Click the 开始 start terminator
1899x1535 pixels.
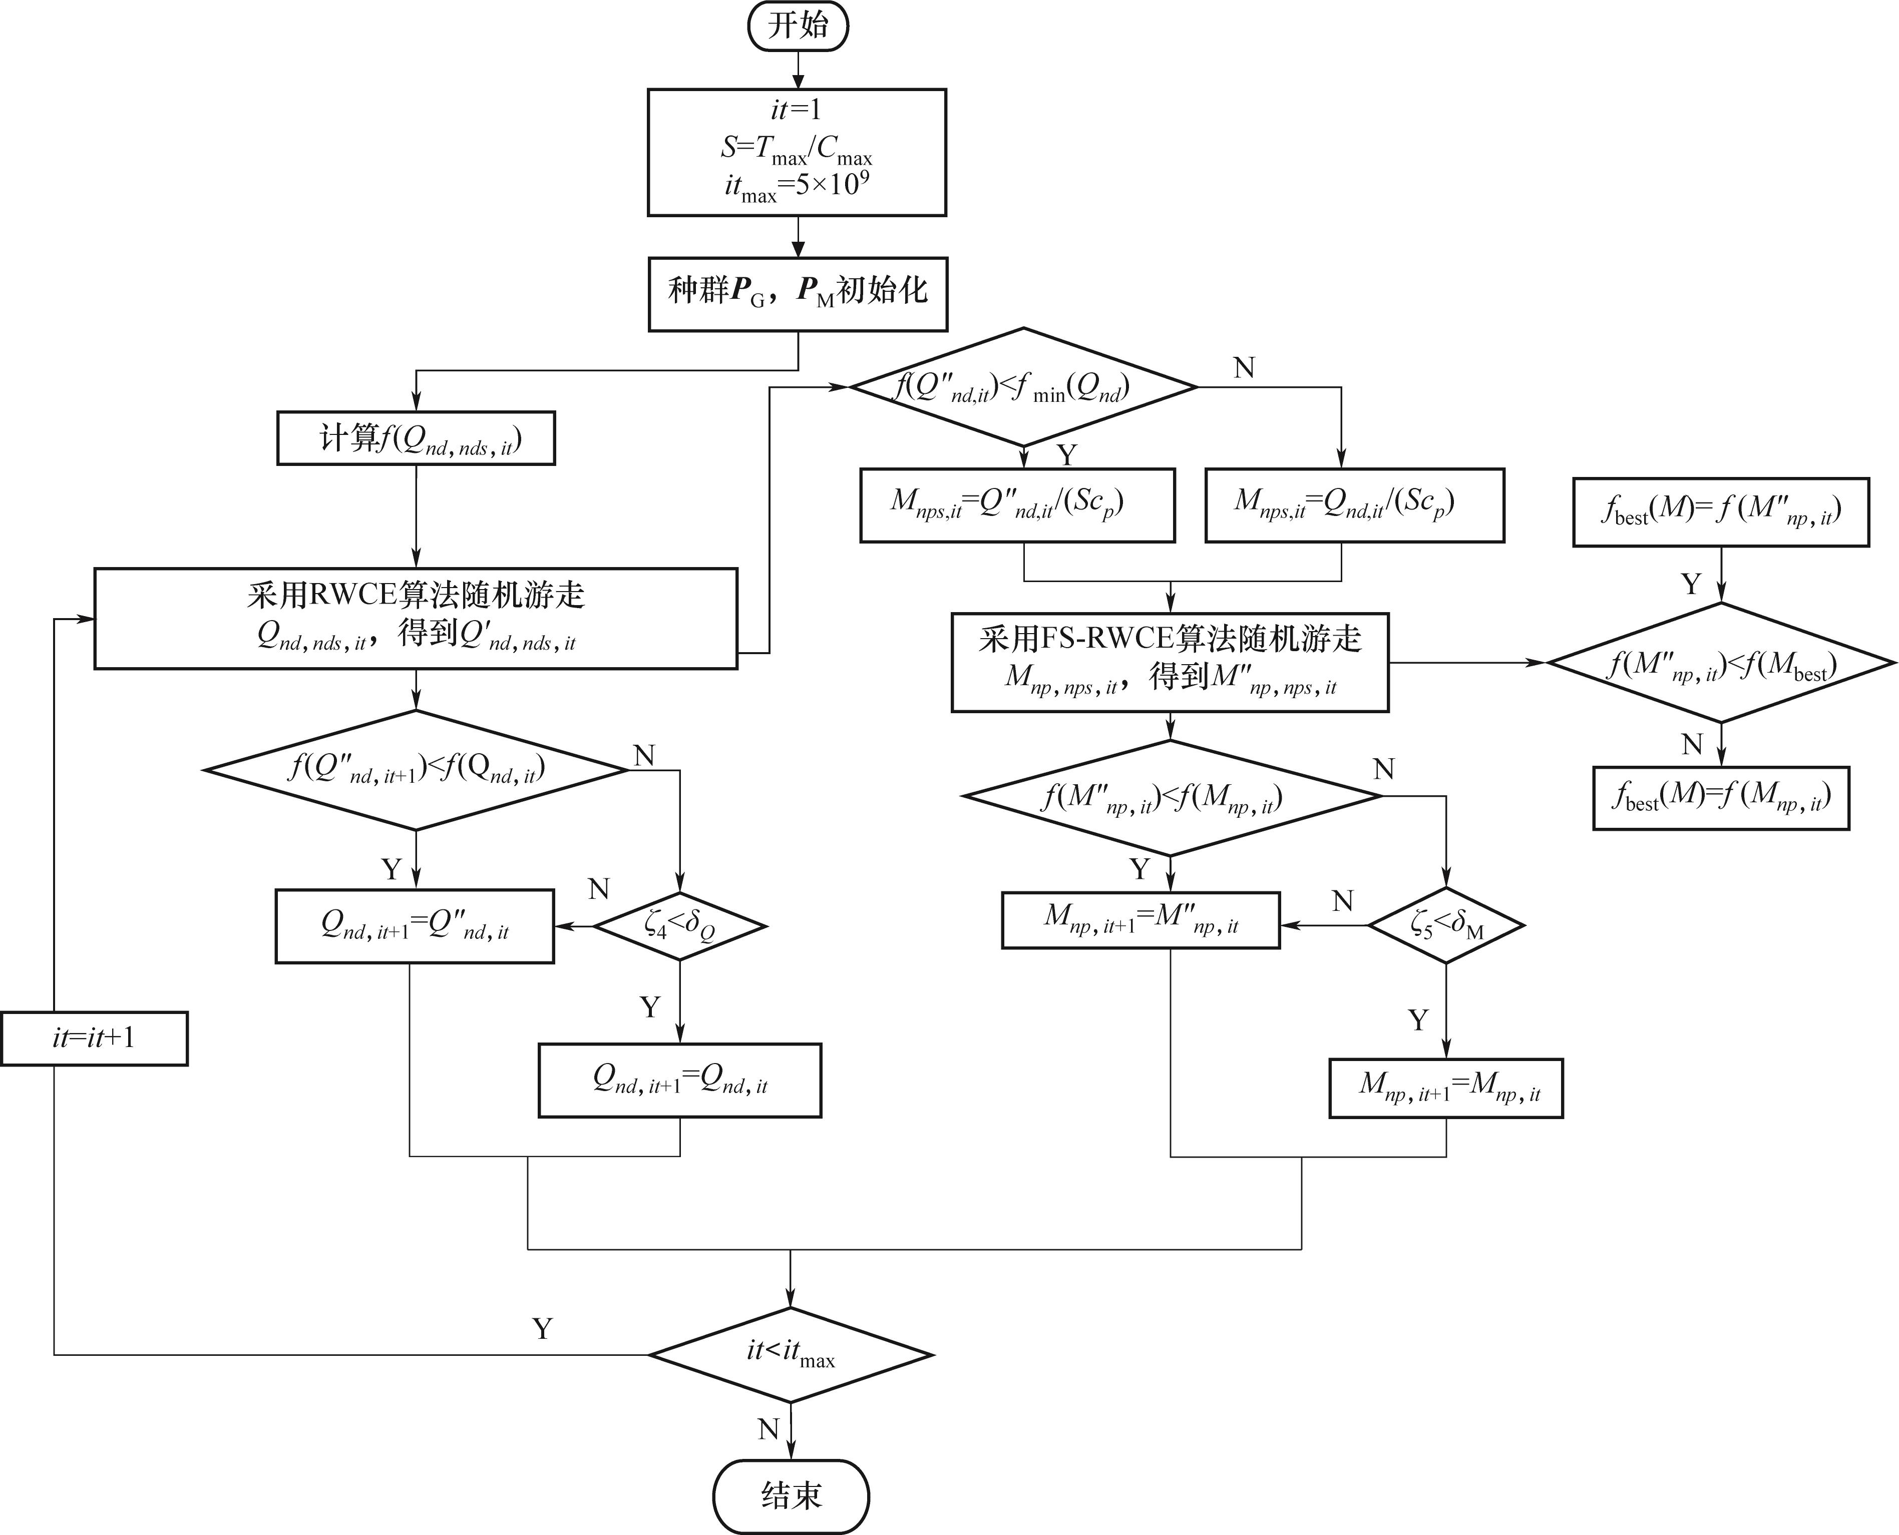click(798, 26)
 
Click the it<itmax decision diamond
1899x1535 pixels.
click(791, 1355)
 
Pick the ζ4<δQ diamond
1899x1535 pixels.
click(679, 926)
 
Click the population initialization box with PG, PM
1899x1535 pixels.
click(798, 294)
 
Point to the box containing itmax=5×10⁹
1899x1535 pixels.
click(797, 152)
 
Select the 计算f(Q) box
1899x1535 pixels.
click(416, 438)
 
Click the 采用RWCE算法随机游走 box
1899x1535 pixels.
click(416, 618)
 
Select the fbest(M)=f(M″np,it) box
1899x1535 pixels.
click(1720, 512)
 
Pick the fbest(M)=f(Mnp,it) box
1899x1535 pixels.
click(1720, 798)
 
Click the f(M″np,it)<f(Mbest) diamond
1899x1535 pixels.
click(1720, 662)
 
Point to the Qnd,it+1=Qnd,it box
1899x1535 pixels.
click(679, 1081)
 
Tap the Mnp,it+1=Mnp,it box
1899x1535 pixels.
click(1445, 1088)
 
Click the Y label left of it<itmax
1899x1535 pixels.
click(542, 1328)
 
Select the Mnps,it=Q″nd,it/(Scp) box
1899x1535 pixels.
click(1017, 505)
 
